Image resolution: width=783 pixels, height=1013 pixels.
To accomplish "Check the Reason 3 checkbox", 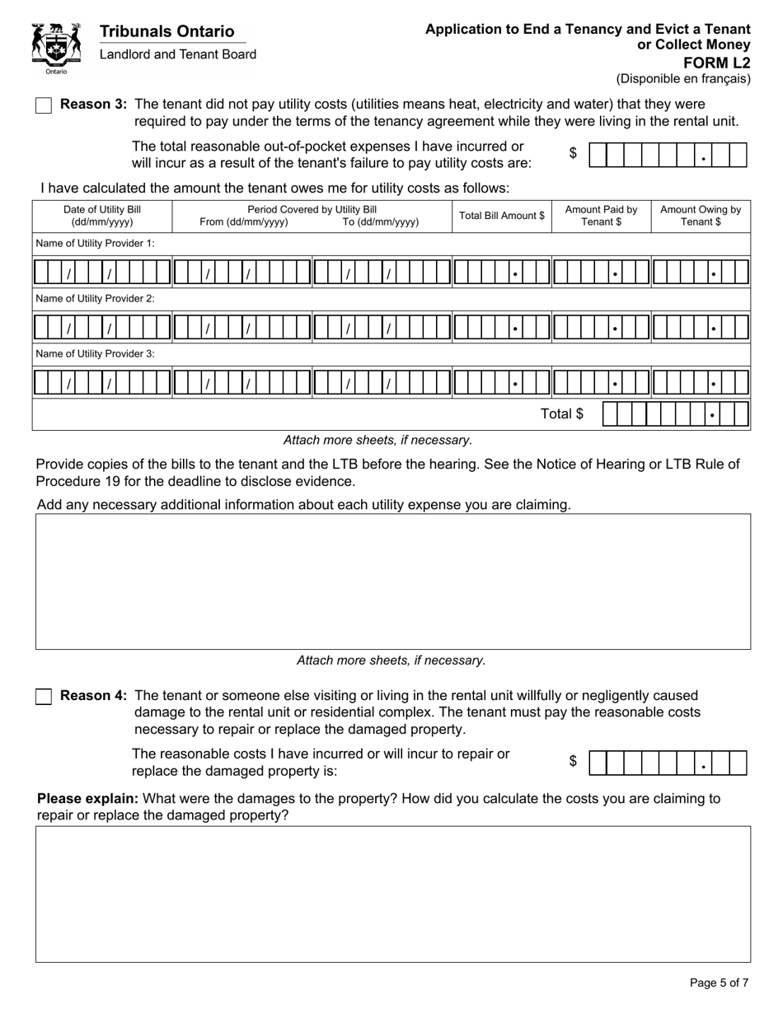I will tap(44, 105).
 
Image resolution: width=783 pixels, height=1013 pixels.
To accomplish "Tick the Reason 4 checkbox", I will tap(44, 697).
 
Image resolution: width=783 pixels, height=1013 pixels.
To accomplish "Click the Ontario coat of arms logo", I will tap(56, 49).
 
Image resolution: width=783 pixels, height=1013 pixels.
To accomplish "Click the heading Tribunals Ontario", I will tap(166, 31).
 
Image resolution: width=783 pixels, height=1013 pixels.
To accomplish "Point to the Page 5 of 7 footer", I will tap(719, 983).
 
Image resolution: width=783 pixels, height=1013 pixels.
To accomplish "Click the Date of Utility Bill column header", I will tap(102, 216).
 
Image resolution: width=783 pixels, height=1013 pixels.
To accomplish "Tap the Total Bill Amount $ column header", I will tap(501, 216).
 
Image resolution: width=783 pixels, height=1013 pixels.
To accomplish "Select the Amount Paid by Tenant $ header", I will tap(601, 216).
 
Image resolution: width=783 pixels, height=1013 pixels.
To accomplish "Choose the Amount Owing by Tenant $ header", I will tap(701, 216).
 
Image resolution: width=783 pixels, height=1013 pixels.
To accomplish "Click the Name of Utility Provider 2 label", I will tap(95, 299).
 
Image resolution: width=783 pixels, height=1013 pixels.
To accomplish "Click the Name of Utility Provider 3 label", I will tap(95, 353).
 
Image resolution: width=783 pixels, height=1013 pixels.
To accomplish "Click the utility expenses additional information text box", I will tap(392, 581).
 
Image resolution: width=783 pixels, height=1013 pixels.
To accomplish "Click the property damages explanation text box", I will tap(392, 894).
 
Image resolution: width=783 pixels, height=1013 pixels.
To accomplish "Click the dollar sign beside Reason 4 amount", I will tap(573, 761).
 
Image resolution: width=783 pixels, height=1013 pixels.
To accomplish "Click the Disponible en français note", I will tap(683, 79).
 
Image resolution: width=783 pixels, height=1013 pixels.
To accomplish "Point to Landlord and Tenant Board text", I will tap(177, 54).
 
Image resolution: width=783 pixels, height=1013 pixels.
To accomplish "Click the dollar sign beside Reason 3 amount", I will tap(573, 153).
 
